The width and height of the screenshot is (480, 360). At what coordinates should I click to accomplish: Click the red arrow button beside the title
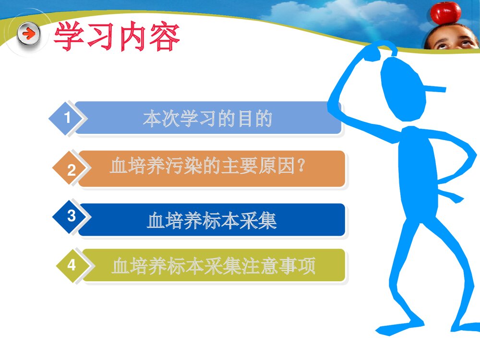click(29, 34)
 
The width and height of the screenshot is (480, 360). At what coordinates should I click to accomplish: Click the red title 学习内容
click(117, 37)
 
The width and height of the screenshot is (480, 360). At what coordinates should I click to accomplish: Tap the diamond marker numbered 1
click(68, 118)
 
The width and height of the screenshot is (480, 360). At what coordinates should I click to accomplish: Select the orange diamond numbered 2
click(72, 170)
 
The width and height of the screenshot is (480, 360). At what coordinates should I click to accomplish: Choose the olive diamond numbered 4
click(72, 264)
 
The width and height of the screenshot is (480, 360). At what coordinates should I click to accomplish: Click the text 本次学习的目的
click(208, 119)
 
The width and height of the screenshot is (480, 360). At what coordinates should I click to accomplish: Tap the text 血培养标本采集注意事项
click(213, 265)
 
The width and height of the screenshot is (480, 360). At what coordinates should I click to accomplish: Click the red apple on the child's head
click(445, 12)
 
